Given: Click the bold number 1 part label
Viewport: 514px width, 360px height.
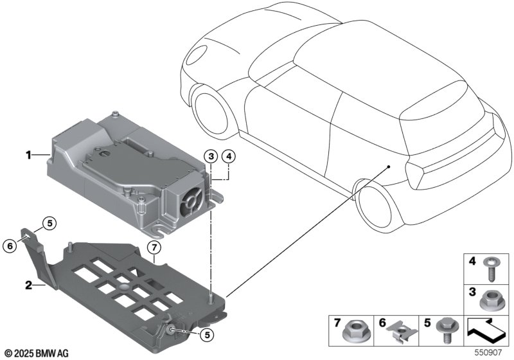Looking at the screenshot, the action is [28, 155].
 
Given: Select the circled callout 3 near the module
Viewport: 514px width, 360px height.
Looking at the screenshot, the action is [211, 155].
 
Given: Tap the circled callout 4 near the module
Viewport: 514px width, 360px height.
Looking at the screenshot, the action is [228, 155].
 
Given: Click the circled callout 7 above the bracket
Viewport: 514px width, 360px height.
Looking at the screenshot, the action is [154, 248].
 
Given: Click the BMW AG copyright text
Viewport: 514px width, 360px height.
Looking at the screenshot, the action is [36, 353].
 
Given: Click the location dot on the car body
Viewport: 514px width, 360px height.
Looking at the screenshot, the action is [389, 166].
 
